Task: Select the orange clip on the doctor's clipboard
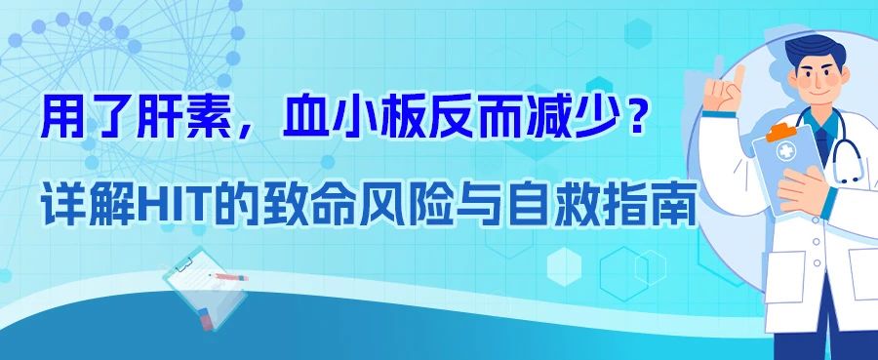click(780, 129)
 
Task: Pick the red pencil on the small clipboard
click(231, 277)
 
